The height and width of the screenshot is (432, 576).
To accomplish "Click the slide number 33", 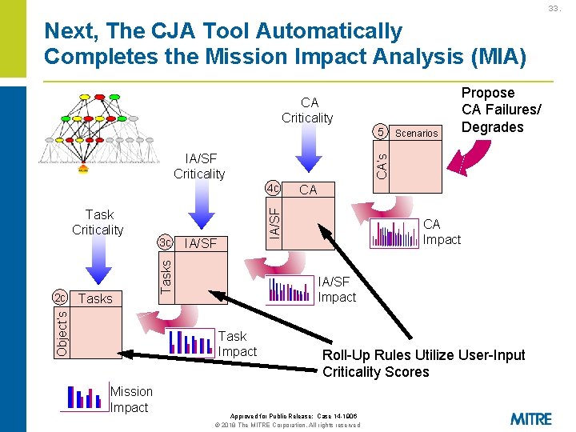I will tap(554, 9).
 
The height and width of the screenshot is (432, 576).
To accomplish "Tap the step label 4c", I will tap(274, 189).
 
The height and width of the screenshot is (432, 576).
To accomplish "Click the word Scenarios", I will tap(417, 134).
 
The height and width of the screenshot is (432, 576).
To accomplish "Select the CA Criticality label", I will tap(308, 110).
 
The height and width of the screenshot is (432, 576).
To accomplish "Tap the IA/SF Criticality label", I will tap(199, 166).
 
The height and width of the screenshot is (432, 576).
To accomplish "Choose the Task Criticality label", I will tap(98, 222).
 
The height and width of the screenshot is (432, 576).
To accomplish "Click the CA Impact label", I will tap(442, 232).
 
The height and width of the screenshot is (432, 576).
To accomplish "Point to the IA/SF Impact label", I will tap(337, 289).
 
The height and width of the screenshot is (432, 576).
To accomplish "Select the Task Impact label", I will tap(238, 344).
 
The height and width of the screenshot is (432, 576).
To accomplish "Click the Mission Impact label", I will tap(131, 399).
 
